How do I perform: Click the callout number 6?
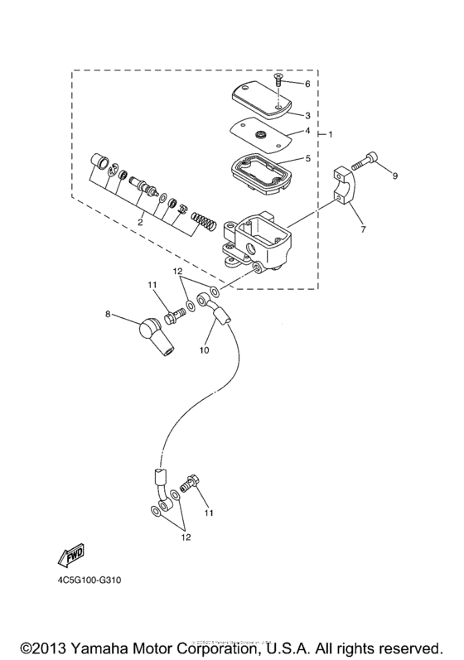pos(307,84)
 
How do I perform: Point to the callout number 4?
pos(307,131)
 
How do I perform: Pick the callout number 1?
pos(331,134)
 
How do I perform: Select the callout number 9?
pos(395,176)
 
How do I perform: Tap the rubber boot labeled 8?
pos(155,334)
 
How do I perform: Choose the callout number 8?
pos(107,314)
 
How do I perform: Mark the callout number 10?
pos(204,350)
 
